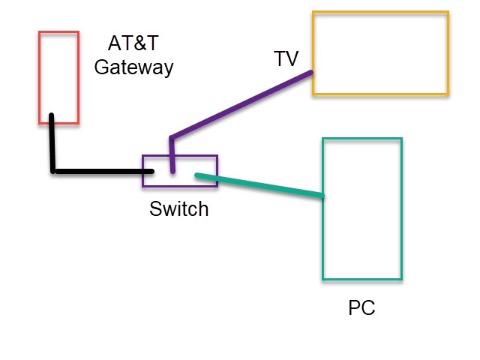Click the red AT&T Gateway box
59,75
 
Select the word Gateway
133,67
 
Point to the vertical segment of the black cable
52,146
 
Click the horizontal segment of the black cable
105,172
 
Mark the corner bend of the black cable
54,171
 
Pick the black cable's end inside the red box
51,116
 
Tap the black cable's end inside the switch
151,172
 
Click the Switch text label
178,209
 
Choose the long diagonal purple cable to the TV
240,106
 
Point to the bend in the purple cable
172,139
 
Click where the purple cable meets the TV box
311,73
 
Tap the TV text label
286,59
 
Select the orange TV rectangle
380,52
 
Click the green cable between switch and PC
259,186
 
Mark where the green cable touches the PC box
322,196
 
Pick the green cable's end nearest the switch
197,175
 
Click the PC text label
361,308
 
